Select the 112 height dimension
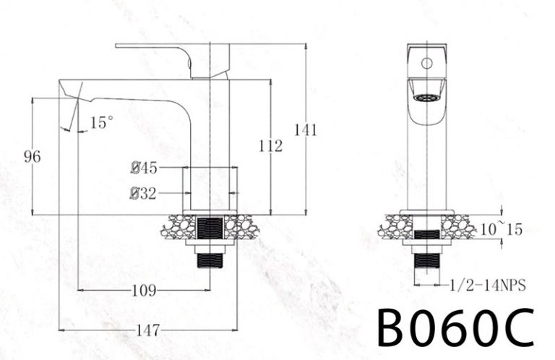270,147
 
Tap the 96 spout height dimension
31,156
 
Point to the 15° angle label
102,123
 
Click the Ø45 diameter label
145,168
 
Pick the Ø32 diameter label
145,193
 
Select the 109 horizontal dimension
144,291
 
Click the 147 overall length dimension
147,330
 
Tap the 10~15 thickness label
502,229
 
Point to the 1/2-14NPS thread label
487,286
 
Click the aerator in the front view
427,95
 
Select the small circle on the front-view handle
427,63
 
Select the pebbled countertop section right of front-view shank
458,227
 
